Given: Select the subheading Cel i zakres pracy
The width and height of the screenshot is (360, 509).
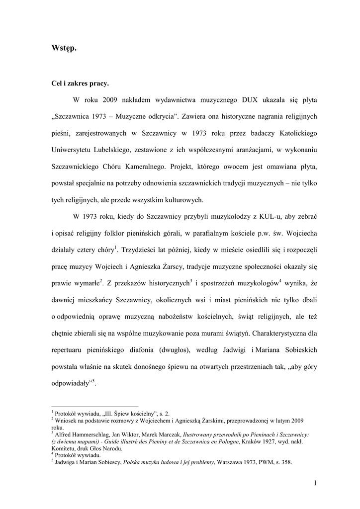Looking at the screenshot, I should tap(80, 83).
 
